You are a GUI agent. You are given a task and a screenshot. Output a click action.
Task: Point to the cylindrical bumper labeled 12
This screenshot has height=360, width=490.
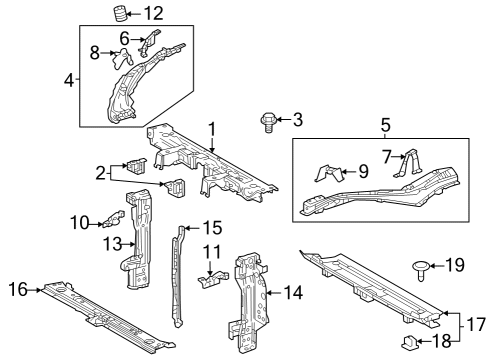119,14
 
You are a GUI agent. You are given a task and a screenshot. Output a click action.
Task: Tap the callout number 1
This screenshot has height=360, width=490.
212,128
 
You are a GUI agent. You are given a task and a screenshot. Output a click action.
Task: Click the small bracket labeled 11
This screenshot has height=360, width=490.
209,282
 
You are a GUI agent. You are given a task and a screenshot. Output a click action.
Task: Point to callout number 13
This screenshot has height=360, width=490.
114,243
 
